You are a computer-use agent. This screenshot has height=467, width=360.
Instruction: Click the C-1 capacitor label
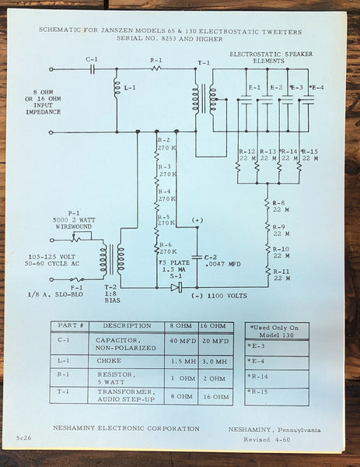tap(92, 59)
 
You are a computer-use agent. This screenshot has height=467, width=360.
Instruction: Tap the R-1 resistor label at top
tap(156, 59)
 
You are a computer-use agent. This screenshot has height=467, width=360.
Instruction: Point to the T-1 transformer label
tap(204, 62)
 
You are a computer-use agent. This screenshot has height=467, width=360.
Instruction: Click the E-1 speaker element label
tap(254, 87)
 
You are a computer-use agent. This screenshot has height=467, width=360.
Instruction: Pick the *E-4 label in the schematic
tap(315, 87)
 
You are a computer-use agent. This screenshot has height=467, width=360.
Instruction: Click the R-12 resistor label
tap(247, 153)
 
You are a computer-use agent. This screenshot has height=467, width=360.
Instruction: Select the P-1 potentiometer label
tap(74, 216)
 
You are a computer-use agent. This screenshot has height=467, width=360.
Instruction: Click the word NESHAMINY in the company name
tap(82, 428)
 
